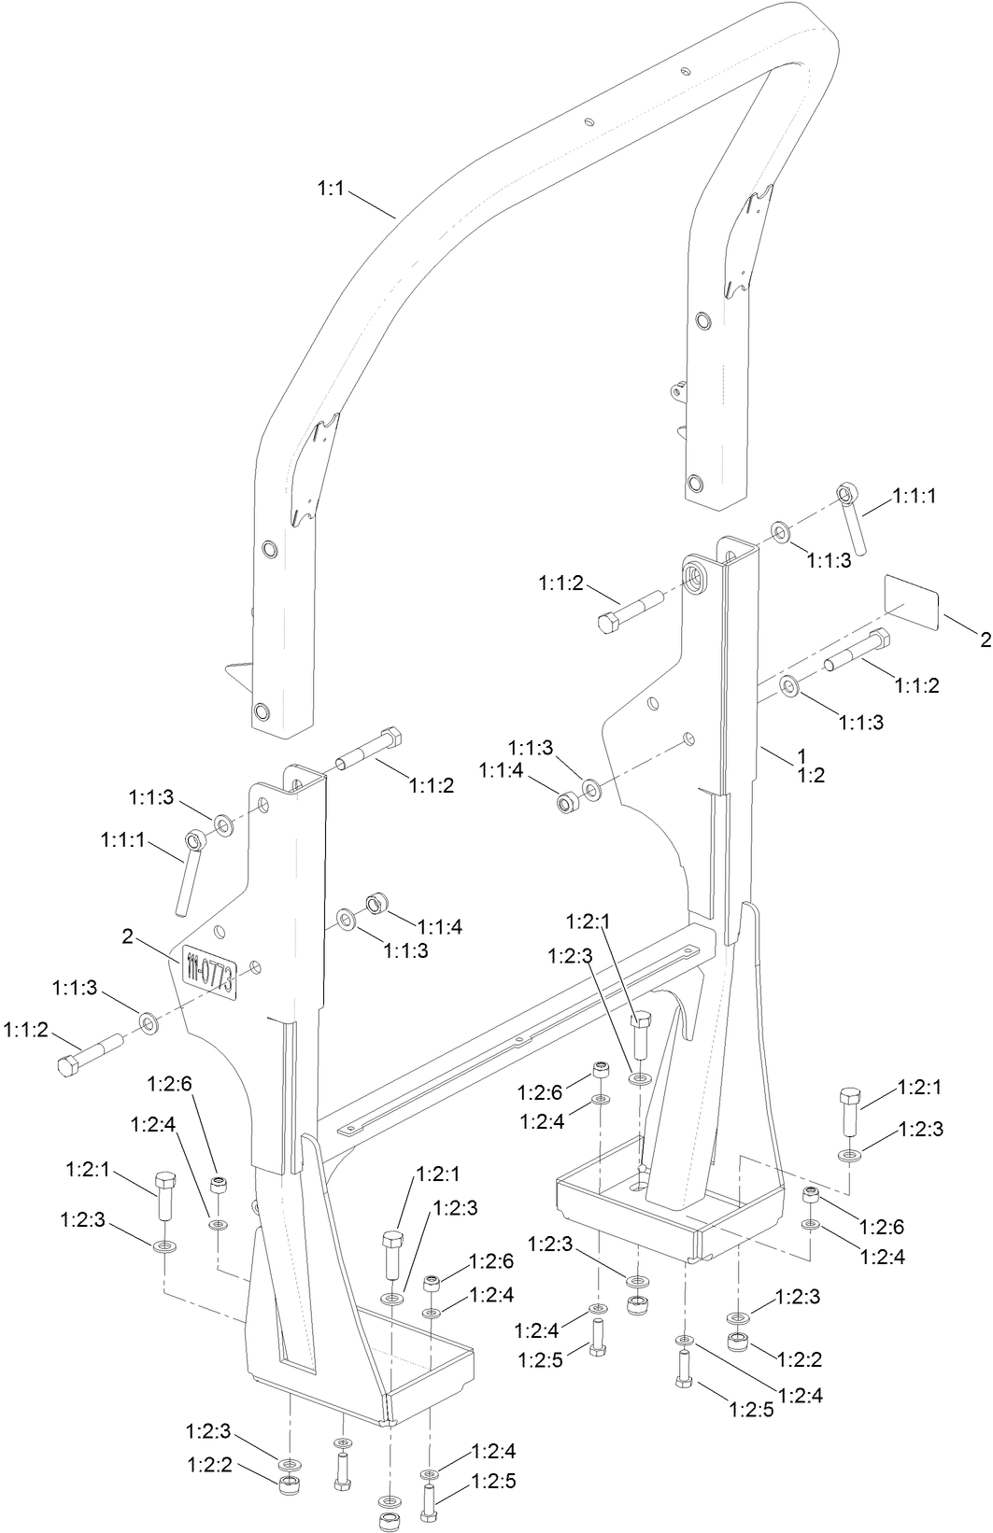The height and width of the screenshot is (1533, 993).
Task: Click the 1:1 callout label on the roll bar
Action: [x=332, y=189]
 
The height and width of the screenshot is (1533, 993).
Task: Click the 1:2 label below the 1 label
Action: [x=811, y=775]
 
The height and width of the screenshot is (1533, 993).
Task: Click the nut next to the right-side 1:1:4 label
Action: [x=566, y=801]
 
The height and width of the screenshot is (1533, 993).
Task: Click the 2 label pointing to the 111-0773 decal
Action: [x=128, y=934]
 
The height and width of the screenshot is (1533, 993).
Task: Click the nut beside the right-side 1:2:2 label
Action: [x=737, y=1343]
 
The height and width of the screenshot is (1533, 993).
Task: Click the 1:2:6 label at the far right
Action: [x=882, y=1227]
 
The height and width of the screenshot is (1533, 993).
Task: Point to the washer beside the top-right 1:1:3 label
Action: [x=780, y=533]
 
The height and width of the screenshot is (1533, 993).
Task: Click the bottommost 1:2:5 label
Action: [x=493, y=1482]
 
